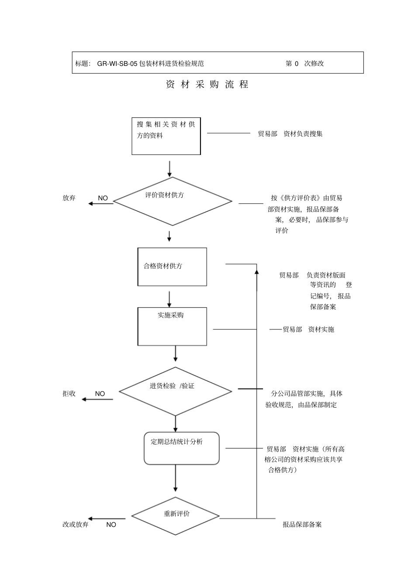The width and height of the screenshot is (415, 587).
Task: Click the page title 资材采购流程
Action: [x=207, y=85]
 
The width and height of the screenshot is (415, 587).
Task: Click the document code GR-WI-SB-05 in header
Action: [x=117, y=63]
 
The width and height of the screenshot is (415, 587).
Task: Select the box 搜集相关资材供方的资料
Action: [x=166, y=136]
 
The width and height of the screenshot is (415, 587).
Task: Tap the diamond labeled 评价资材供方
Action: [x=173, y=201]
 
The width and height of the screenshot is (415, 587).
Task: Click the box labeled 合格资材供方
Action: [x=172, y=267]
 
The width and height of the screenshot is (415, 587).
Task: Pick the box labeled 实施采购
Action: [x=172, y=326]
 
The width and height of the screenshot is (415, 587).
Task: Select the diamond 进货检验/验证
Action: [x=175, y=391]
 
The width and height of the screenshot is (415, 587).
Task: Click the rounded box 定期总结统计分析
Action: [x=181, y=448]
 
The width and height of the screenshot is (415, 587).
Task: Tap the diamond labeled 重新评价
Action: [x=175, y=516]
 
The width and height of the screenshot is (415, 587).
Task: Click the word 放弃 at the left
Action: [x=69, y=198]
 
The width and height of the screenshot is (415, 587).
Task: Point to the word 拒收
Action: [x=69, y=394]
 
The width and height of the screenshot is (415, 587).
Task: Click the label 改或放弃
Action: [x=76, y=525]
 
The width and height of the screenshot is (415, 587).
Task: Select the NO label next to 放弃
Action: [x=103, y=198]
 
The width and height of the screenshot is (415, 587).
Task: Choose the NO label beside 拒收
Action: [x=100, y=394]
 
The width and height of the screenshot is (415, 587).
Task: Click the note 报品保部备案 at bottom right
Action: [x=302, y=525]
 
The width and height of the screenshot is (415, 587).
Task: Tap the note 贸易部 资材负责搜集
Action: [x=290, y=134]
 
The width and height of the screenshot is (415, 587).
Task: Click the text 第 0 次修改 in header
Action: [x=305, y=63]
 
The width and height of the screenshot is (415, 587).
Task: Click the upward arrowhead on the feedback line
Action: [x=257, y=272]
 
